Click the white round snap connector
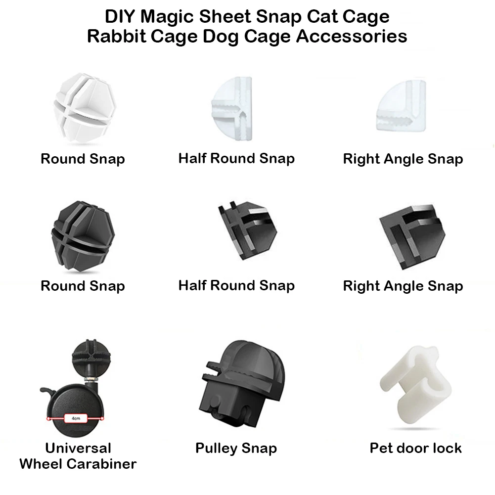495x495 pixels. [x=85, y=108]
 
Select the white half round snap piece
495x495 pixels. [x=232, y=108]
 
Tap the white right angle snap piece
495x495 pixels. [x=402, y=106]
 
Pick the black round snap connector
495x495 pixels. [x=83, y=236]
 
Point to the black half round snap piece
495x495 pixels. [x=247, y=230]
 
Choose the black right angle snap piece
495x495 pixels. [x=412, y=236]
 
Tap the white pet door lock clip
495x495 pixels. [x=415, y=385]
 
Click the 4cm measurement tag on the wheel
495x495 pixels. [x=76, y=418]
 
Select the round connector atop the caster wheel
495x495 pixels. [x=91, y=357]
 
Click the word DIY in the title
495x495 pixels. [x=120, y=16]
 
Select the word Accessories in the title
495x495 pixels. [x=352, y=36]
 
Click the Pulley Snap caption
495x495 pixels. [x=236, y=449]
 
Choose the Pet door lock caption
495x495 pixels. [x=415, y=448]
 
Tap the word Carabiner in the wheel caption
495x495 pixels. [x=101, y=464]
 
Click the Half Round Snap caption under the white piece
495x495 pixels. [x=236, y=158]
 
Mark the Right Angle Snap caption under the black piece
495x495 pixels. [x=403, y=286]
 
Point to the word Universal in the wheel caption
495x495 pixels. [x=78, y=448]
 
